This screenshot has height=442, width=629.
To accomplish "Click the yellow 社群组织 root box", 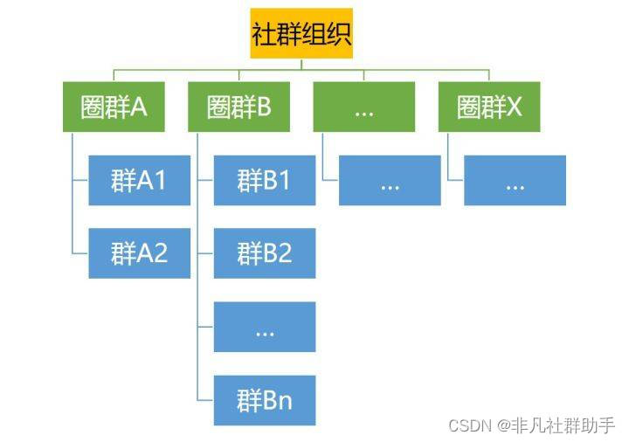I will click(301, 33).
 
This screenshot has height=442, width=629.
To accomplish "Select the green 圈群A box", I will click(114, 107).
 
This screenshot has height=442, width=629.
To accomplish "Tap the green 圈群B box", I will click(239, 107).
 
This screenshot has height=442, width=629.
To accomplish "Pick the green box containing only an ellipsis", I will click(364, 107).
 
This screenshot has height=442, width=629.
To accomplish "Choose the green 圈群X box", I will click(489, 107).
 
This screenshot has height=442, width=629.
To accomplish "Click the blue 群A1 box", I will click(139, 180).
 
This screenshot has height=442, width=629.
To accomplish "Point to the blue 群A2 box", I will click(139, 253).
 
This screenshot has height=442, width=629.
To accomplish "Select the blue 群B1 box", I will click(264, 180).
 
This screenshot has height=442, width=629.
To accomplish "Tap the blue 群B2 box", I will click(264, 253).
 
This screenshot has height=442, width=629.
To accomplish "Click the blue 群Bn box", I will click(264, 400).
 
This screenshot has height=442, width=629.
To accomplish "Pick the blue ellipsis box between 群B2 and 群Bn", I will click(264, 327).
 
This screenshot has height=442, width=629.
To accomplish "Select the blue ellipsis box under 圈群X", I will click(515, 180).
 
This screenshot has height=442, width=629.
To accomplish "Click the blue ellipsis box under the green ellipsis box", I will click(390, 180).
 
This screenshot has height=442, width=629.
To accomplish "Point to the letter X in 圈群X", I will click(514, 107).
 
